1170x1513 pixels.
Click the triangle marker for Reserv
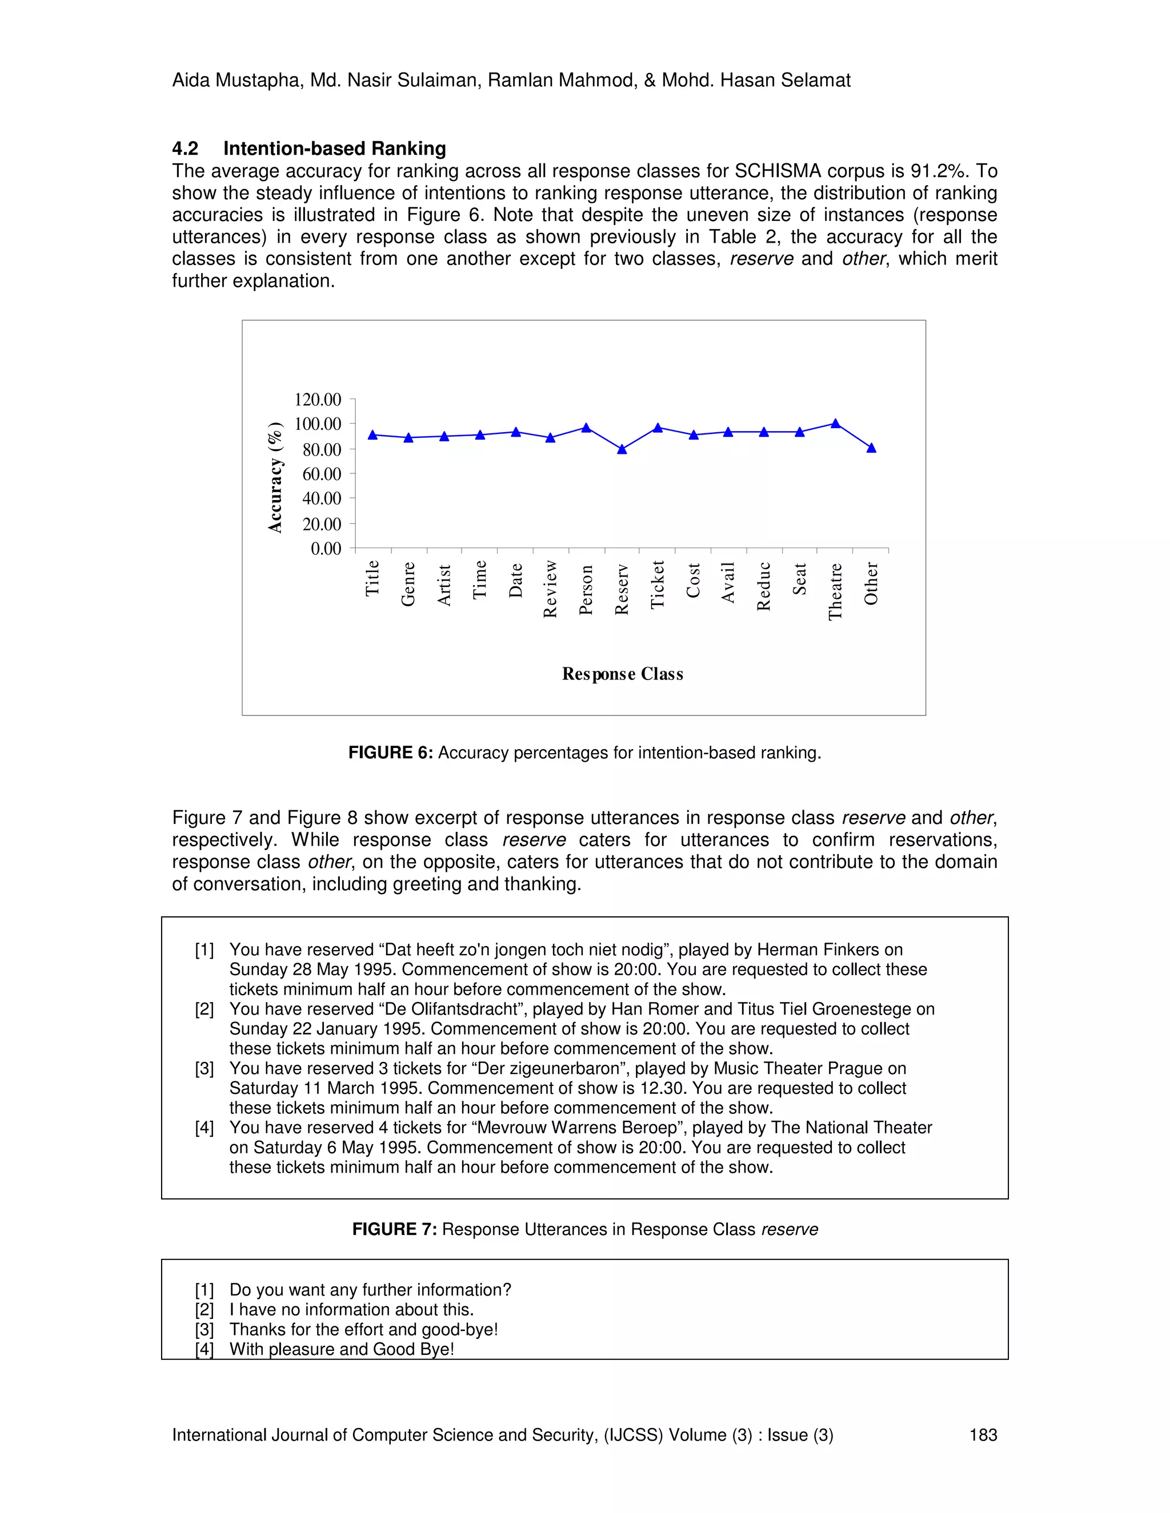point(622,449)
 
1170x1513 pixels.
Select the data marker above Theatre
point(835,423)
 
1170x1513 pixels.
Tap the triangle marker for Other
point(871,448)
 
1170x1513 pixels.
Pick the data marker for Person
point(586,428)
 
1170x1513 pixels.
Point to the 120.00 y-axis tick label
point(318,400)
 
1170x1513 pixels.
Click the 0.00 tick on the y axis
point(326,549)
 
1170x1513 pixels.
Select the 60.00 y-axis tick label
point(321,474)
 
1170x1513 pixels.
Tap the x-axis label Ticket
point(657,585)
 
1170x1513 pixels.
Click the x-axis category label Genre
point(408,584)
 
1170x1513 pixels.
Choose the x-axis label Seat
point(799,579)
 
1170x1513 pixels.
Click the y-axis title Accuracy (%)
point(275,477)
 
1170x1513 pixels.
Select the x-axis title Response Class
point(623,674)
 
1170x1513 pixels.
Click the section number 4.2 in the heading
point(185,149)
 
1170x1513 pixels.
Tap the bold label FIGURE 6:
point(390,753)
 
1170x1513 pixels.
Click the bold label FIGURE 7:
point(394,1230)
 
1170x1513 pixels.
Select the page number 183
point(982,1435)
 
